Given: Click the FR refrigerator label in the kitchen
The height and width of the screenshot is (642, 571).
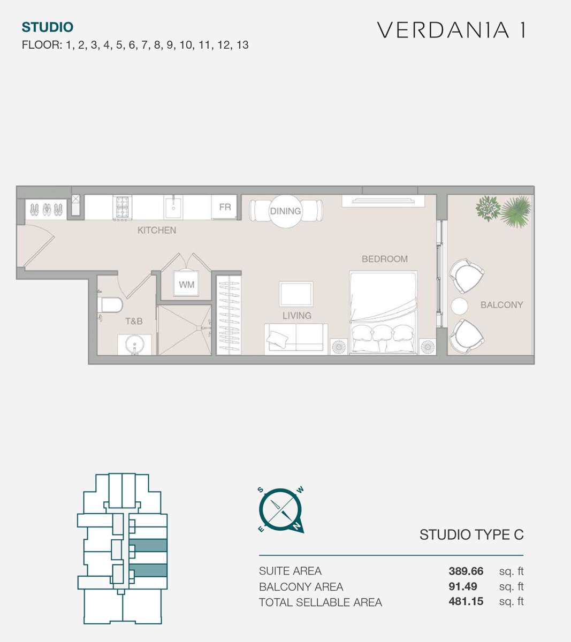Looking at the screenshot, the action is (225, 207).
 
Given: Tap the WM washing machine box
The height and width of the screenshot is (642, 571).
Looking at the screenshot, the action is (186, 284).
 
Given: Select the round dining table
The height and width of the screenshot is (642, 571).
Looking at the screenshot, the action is (285, 211).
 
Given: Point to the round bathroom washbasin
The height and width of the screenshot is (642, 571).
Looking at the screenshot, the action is (135, 344).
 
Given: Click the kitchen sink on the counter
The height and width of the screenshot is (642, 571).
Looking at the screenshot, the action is (173, 207).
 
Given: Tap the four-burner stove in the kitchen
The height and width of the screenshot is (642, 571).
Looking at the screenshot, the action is (123, 207).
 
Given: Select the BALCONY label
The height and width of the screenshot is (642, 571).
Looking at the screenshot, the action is (501, 305).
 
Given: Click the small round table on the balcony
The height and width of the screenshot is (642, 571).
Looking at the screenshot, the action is (459, 306).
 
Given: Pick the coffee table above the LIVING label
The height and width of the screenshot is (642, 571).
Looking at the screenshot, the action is (296, 294).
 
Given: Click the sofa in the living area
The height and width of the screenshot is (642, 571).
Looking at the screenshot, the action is (296, 339).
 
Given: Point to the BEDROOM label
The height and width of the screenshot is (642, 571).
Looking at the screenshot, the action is (385, 259).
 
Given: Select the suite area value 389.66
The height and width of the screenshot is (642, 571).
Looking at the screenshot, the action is (466, 571).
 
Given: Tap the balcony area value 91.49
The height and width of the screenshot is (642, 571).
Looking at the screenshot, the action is (462, 586).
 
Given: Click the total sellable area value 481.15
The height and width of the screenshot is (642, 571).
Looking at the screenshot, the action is (466, 601).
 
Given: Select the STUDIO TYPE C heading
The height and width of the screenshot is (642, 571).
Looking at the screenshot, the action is (471, 535).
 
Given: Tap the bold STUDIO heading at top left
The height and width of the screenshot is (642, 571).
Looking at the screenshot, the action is (48, 27).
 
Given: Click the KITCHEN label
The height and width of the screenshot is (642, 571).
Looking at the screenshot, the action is (157, 230).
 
